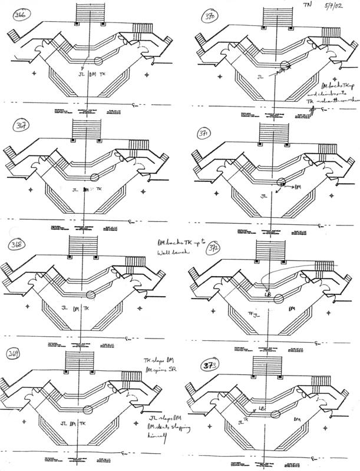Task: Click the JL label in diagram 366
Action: click(81, 75)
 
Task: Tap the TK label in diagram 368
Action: click(87, 309)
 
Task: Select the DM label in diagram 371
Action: click(297, 187)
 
